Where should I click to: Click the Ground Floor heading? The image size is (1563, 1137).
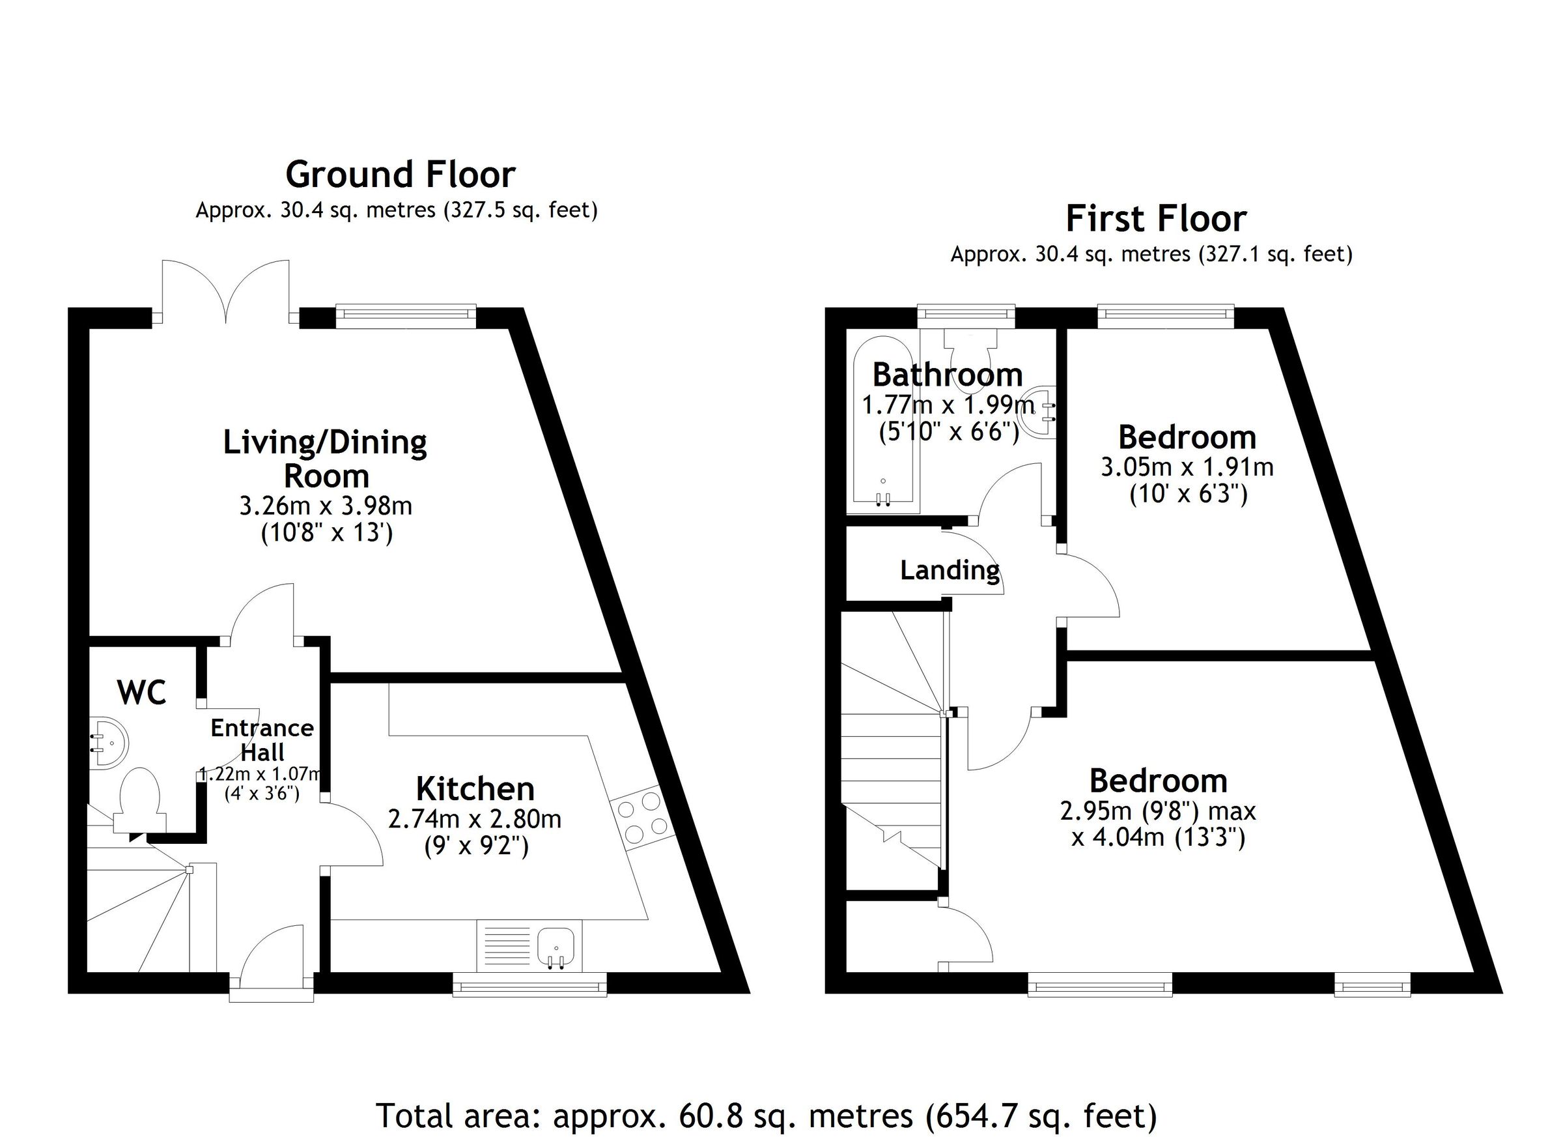click(x=400, y=175)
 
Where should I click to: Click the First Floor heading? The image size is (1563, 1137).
click(x=1156, y=220)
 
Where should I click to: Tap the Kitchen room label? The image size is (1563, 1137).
click(x=475, y=789)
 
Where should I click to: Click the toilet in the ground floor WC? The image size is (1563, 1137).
click(x=140, y=801)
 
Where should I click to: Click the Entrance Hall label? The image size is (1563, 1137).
click(x=262, y=740)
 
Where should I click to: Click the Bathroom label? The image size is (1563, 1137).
click(x=947, y=375)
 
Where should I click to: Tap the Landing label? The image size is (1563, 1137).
click(x=949, y=569)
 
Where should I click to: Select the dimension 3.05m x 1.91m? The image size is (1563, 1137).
click(x=1187, y=467)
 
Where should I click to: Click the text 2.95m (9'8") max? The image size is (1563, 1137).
click(x=1158, y=811)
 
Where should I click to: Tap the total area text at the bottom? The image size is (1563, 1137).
click(x=767, y=1114)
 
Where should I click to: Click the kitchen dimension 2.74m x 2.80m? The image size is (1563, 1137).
click(x=475, y=819)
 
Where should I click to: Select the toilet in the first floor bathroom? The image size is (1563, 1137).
click(x=970, y=352)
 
